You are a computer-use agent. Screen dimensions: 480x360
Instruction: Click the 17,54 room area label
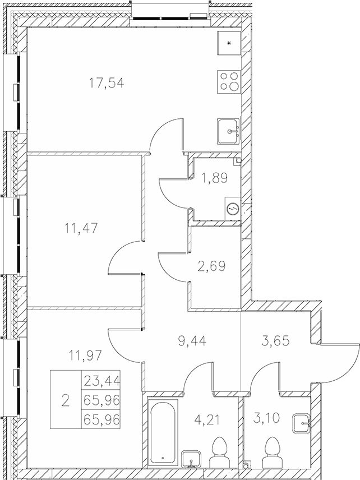pos(106,83)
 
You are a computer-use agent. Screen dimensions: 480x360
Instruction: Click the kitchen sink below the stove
pos(229,132)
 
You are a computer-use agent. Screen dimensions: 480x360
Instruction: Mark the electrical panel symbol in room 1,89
pos(232,208)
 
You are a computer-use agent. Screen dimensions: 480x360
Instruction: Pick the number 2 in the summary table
pos(66,400)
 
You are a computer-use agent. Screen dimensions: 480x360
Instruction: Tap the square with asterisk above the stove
pos(228,43)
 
